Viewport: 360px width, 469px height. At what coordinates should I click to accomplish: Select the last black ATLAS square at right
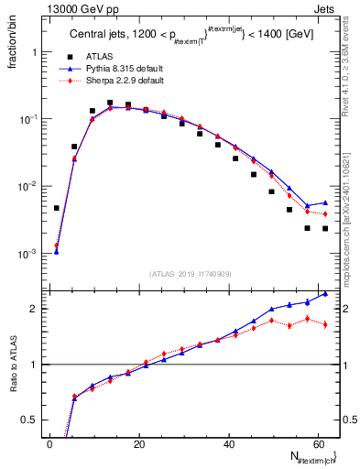325,228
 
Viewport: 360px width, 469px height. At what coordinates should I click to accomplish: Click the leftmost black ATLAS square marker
56,208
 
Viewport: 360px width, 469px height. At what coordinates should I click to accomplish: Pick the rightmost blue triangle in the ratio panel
325,294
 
